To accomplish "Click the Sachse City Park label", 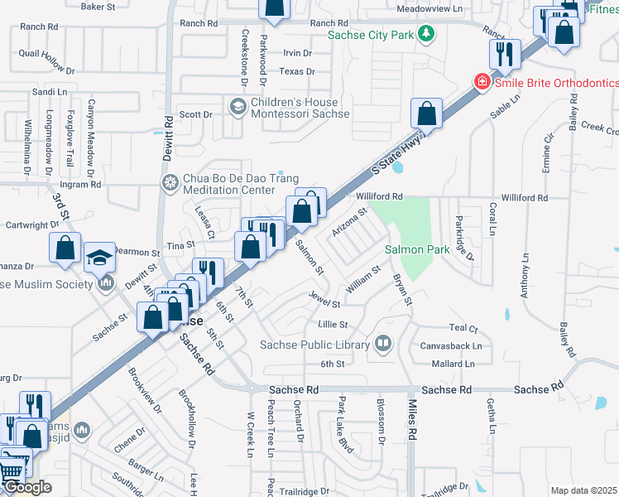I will point(370,35).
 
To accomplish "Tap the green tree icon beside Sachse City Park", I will point(426,34).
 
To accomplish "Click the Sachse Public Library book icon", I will point(383,344).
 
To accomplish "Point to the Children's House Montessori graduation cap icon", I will point(238,106).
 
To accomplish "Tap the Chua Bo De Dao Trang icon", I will point(170,182).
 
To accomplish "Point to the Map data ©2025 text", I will point(583,490).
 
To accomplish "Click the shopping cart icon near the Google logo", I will point(12,470).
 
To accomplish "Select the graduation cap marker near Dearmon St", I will point(99,258).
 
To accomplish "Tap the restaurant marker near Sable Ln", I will point(504,55).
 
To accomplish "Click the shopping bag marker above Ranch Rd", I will point(274,7).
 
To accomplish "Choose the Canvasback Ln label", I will point(453,345).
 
